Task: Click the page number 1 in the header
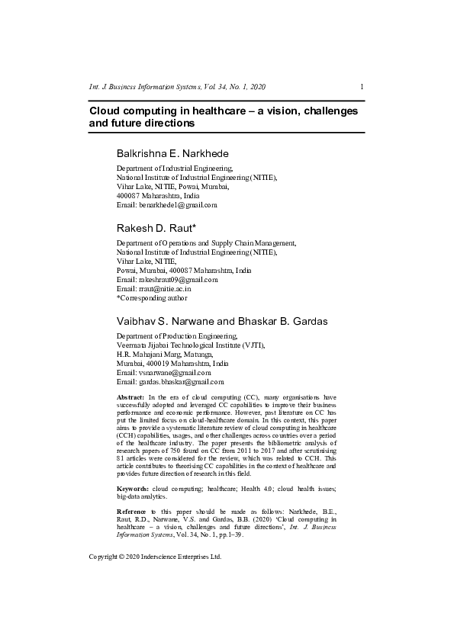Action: tap(362, 88)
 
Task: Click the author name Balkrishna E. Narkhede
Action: tap(172, 153)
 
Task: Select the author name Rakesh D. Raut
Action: tap(156, 228)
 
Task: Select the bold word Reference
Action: tap(133, 510)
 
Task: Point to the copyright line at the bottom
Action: tap(155, 557)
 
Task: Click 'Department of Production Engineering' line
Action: tap(176, 335)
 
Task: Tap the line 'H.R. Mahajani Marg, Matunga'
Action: tap(165, 354)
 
